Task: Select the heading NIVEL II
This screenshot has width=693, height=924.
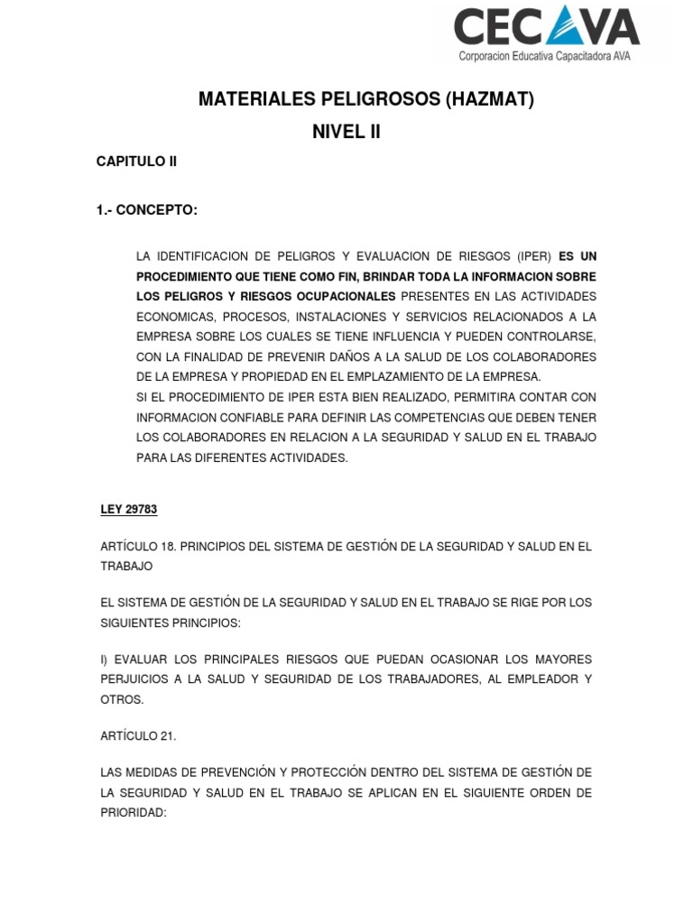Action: click(346, 132)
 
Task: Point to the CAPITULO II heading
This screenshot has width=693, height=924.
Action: click(136, 162)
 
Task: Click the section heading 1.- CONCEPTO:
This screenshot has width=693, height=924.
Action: click(146, 210)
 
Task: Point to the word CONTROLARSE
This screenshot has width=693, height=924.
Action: click(551, 337)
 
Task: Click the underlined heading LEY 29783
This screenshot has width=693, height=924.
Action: click(128, 510)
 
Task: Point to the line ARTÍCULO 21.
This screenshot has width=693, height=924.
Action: click(138, 735)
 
